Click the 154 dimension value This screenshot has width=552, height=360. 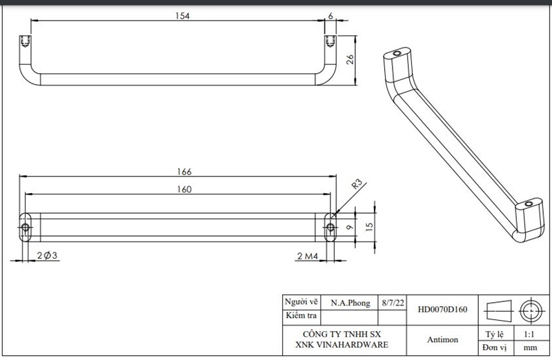[x=182, y=16]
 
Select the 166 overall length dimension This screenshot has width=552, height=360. [x=184, y=172]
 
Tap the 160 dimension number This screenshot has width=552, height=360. [x=184, y=190]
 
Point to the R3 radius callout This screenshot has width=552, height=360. [x=357, y=183]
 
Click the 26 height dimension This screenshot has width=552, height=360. [x=350, y=59]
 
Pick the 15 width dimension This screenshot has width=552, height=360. [x=369, y=227]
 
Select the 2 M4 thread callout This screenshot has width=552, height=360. [x=307, y=256]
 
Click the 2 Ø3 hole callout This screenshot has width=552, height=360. [x=47, y=255]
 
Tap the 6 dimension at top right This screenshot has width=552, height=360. [x=331, y=16]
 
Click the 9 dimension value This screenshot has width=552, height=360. [x=349, y=228]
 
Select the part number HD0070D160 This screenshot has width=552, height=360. [x=442, y=310]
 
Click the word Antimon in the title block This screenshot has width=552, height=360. [x=442, y=339]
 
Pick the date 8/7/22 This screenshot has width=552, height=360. [x=393, y=303]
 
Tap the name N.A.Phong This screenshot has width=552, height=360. [x=351, y=303]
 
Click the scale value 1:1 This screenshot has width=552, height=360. [x=529, y=334]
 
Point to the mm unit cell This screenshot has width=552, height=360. [x=530, y=348]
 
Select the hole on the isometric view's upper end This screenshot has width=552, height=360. [x=397, y=54]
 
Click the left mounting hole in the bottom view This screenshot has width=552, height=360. [x=26, y=228]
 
